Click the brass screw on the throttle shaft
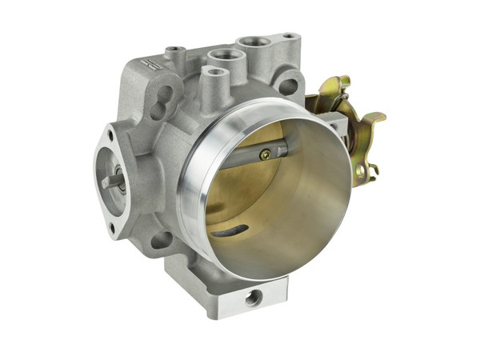pyautogui.click(x=264, y=155)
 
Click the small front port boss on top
pyautogui.click(x=213, y=73)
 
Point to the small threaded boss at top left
pyautogui.click(x=175, y=51)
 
